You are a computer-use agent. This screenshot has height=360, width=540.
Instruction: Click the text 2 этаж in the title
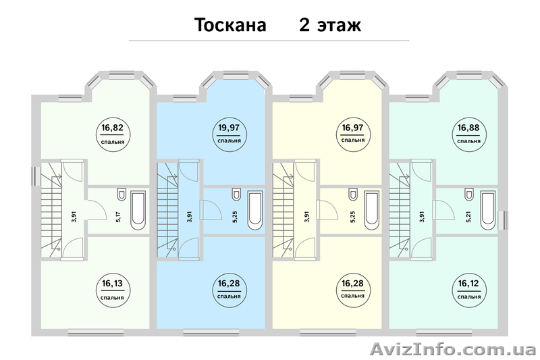(x=330, y=25)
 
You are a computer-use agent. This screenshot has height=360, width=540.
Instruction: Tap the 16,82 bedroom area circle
(x=113, y=130)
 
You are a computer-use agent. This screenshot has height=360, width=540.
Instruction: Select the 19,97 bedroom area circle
(x=230, y=130)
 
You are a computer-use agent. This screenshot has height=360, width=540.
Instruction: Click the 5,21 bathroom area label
(x=467, y=217)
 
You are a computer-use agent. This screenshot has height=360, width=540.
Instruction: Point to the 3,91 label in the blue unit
(x=190, y=217)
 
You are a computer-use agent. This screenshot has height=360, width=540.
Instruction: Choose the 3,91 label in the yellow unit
(x=306, y=217)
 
